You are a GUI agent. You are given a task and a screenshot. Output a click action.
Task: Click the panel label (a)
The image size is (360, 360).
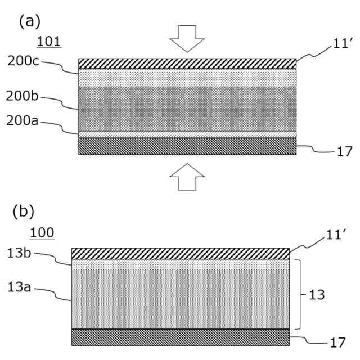[30, 21]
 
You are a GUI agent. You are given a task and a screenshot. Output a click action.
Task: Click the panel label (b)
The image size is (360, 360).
[23, 211]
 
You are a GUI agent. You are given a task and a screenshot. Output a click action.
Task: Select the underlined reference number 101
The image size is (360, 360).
[49, 42]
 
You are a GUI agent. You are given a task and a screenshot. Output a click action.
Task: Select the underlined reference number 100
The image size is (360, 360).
[42, 232]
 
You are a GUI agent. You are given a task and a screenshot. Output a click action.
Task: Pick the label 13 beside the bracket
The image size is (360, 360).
[317, 295]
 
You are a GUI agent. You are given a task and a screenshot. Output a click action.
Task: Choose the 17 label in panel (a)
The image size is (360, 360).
[345, 152]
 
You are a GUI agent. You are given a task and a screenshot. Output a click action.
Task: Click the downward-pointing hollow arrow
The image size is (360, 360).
[187, 38]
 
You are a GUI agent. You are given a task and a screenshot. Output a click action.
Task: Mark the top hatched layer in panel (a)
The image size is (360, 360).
[187, 64]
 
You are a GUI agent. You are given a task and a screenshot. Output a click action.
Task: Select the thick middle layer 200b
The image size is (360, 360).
[187, 109]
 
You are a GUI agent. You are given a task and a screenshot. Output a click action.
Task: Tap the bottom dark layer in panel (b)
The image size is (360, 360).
[181, 337]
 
